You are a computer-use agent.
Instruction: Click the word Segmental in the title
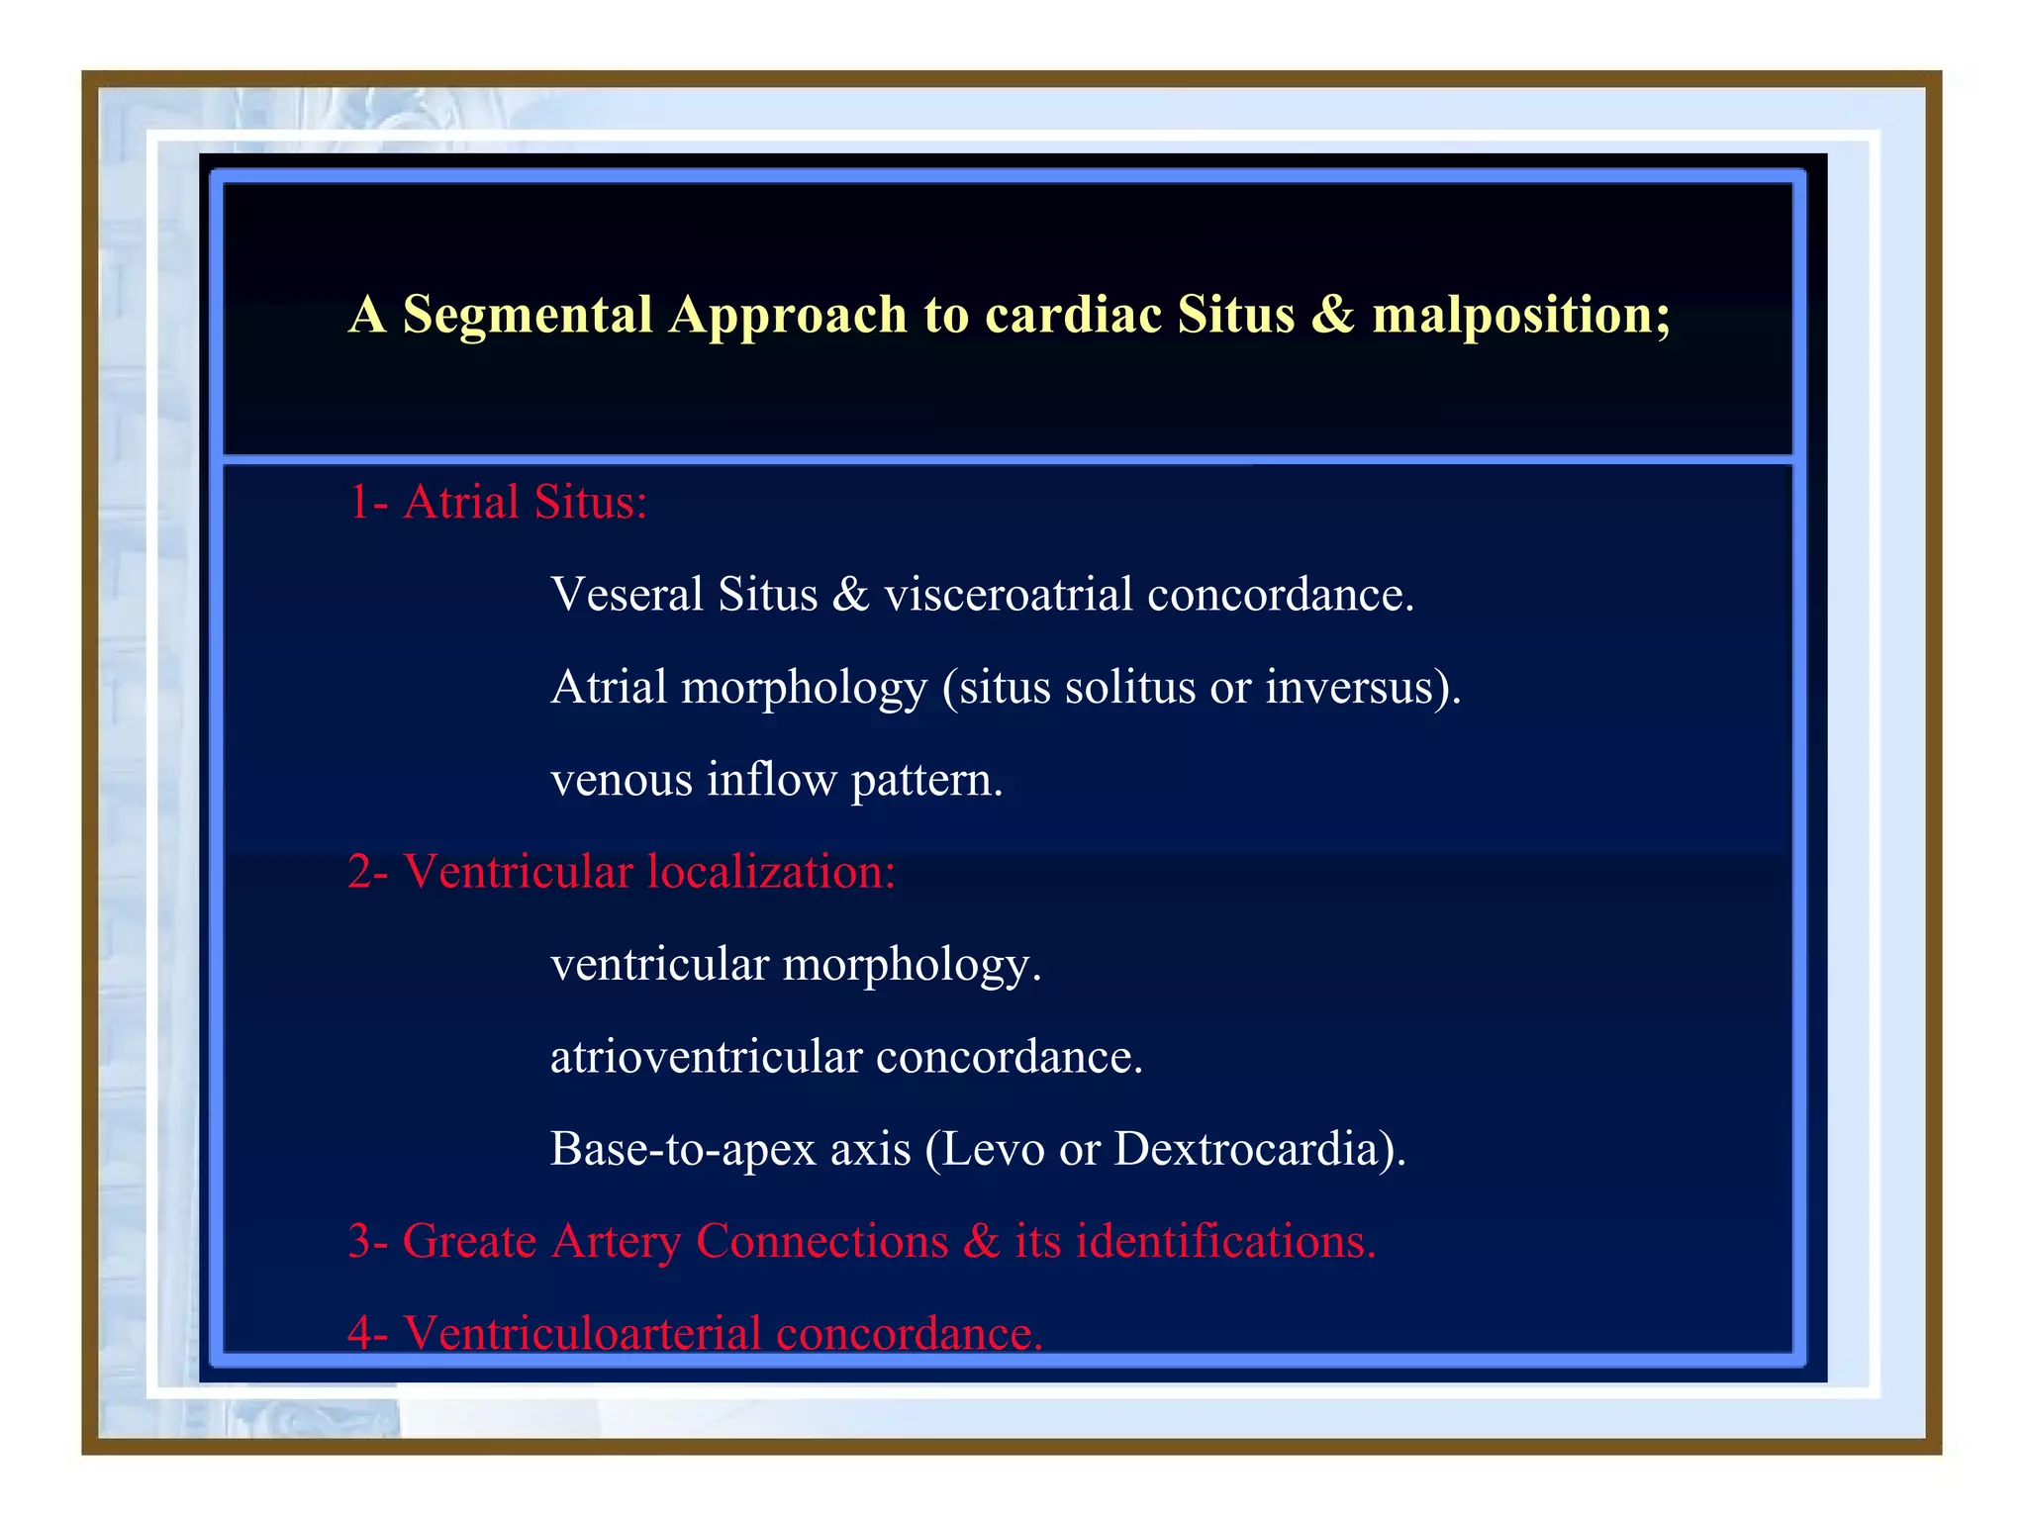527,315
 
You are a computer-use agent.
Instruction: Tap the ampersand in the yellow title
1333,315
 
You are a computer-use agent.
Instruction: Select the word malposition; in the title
1521,315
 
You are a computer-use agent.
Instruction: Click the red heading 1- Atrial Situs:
497,502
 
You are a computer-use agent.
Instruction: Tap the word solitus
1129,687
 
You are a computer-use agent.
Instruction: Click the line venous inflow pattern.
776,780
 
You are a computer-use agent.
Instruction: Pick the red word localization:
771,872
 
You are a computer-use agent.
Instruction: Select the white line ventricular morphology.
795,965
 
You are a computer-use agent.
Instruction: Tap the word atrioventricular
706,1057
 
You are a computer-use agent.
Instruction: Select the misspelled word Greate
469,1241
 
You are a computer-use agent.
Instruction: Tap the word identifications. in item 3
1225,1241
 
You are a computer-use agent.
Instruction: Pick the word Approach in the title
787,315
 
